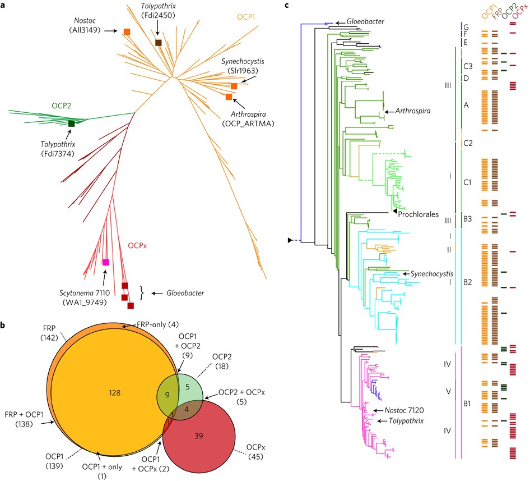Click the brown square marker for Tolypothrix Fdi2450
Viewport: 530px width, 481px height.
tap(159, 43)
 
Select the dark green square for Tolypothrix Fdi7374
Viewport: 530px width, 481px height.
tap(71, 123)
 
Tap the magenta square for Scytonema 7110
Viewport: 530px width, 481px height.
tap(105, 262)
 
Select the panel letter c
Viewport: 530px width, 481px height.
tap(287, 5)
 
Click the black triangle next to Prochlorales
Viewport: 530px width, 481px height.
tap(394, 210)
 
